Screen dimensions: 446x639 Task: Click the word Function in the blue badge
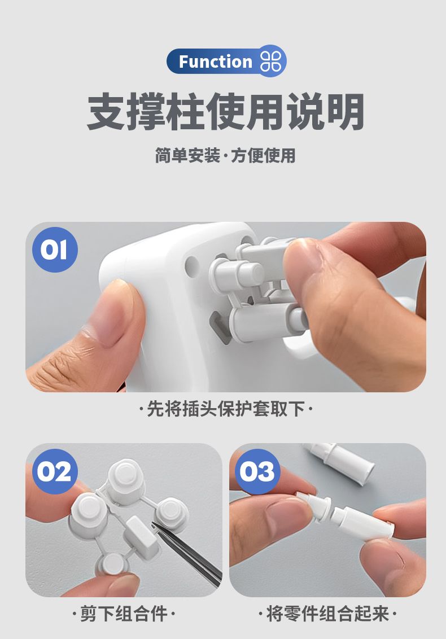pos(215,62)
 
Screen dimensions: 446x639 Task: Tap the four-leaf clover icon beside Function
pos(270,62)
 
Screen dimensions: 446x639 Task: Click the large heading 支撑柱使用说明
pos(225,111)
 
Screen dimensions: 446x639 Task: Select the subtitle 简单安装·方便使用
pos(225,155)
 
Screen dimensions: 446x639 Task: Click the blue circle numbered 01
pos(55,250)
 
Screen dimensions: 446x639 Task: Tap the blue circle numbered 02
pos(55,471)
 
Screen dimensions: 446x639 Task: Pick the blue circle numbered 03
pos(257,471)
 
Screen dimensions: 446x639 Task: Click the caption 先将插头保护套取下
pos(225,409)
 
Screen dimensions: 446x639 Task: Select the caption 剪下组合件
pos(124,614)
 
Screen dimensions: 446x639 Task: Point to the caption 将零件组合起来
pos(327,614)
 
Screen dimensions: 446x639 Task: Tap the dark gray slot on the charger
pos(217,327)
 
